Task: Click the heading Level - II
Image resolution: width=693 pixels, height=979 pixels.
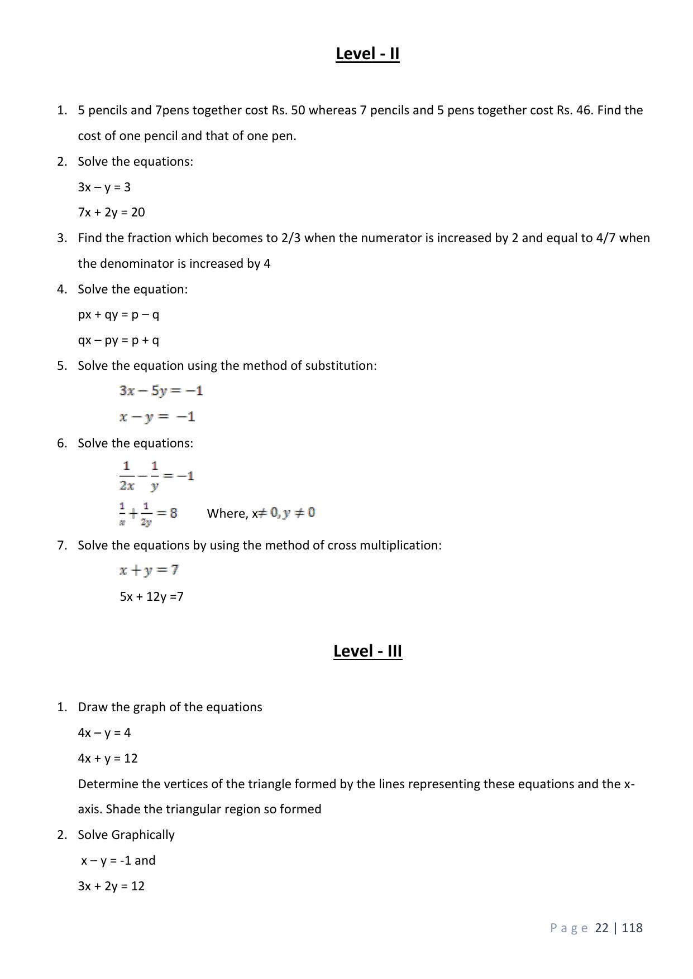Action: click(367, 54)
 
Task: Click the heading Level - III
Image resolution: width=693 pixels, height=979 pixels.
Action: click(367, 651)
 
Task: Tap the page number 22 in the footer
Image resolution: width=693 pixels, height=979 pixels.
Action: click(602, 928)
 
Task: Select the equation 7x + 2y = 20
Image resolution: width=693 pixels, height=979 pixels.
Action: click(112, 212)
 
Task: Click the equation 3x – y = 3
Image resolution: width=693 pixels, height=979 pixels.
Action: click(104, 187)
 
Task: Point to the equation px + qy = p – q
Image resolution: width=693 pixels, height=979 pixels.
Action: click(118, 315)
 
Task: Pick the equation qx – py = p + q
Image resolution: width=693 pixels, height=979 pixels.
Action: click(118, 340)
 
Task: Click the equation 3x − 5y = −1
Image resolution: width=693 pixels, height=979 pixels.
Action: click(161, 390)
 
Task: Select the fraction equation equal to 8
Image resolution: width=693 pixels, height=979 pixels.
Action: click(149, 513)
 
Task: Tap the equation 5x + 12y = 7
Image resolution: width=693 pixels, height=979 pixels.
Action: click(151, 596)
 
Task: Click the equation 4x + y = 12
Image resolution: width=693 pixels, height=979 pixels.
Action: click(108, 758)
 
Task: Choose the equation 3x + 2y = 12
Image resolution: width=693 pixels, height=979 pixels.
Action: click(111, 886)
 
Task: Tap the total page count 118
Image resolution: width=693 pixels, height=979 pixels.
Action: click(632, 928)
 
